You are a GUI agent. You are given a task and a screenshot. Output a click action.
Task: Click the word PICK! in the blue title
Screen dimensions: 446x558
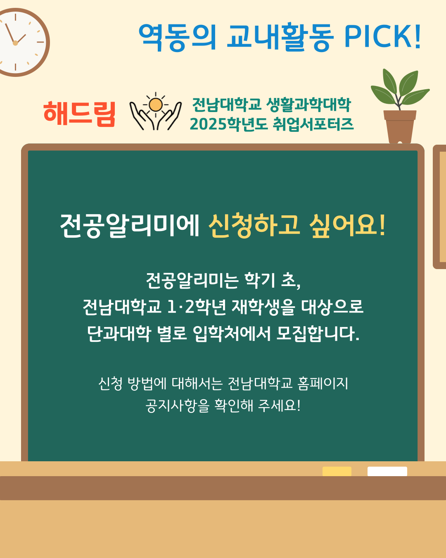click(x=382, y=36)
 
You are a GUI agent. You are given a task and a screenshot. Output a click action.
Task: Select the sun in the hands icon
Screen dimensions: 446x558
click(x=156, y=105)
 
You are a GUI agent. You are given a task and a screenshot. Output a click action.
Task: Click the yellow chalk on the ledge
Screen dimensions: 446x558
click(x=337, y=471)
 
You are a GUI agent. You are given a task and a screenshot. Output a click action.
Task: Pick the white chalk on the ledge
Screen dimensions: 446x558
click(x=387, y=471)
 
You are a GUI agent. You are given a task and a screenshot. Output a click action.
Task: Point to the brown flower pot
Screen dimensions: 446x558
click(x=400, y=126)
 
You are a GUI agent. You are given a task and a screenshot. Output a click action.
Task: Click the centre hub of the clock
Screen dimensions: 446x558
click(x=15, y=43)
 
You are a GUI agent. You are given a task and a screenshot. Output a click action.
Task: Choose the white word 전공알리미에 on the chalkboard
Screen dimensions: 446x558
click(x=130, y=226)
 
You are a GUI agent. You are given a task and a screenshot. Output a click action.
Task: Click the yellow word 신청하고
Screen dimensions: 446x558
click(x=254, y=226)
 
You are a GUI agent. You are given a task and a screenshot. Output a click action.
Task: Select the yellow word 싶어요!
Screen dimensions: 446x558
click(x=347, y=226)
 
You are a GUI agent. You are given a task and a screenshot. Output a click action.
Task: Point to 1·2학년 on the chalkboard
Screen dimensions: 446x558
click(x=197, y=307)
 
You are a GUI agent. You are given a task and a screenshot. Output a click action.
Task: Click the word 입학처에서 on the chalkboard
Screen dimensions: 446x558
click(x=232, y=334)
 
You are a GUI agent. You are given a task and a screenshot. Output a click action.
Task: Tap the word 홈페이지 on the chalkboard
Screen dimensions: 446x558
click(x=323, y=384)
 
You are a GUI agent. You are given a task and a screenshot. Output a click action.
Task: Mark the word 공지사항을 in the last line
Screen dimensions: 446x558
click(x=177, y=406)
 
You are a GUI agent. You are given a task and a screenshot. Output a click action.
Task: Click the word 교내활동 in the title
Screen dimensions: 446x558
click(x=280, y=36)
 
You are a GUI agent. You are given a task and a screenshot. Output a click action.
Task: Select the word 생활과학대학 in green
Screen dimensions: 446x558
click(x=308, y=105)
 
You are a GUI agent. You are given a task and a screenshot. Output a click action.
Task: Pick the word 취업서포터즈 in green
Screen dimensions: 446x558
click(x=313, y=124)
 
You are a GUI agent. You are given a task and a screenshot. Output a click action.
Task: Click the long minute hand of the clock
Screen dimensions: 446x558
click(x=10, y=33)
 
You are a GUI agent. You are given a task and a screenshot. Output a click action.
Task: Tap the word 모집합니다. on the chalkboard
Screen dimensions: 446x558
click(x=318, y=334)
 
